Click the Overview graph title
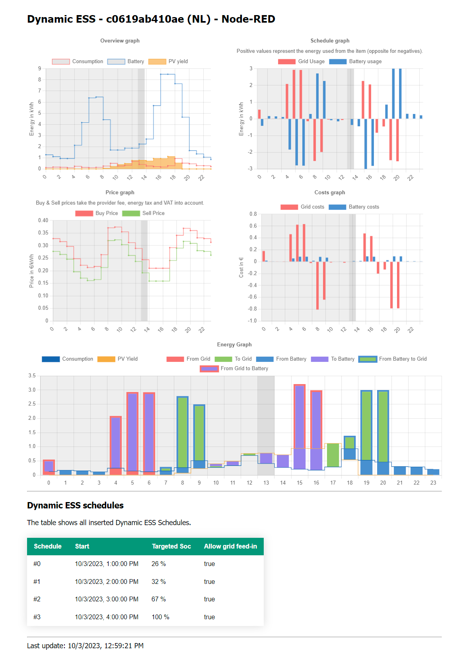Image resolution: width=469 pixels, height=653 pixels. coord(120,41)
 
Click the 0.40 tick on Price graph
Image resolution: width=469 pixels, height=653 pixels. coord(43,220)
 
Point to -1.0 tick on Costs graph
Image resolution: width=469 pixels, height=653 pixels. coord(253,321)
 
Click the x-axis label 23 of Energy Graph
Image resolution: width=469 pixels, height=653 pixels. coord(433,483)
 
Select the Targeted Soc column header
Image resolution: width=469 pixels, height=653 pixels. coord(171,547)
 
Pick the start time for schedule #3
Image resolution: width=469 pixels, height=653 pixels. coord(107,617)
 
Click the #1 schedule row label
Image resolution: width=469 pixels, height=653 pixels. coord(37,582)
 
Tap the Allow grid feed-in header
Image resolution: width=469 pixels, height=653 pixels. coord(230,547)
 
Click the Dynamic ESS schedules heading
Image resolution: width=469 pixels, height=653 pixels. coord(75,506)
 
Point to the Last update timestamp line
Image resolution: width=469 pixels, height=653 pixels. coord(85,646)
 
